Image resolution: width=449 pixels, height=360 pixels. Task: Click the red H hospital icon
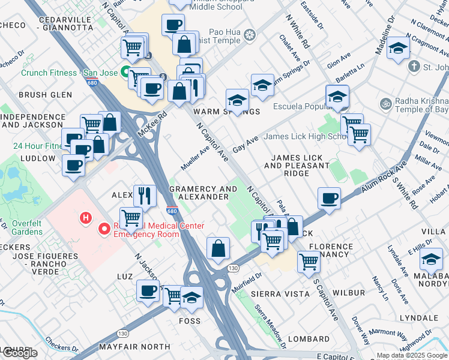point(86,217)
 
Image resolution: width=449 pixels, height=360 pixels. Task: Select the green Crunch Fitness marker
point(125,73)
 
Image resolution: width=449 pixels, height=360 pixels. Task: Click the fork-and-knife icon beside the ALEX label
point(145,194)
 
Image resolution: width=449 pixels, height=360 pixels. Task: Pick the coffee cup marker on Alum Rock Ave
point(328,198)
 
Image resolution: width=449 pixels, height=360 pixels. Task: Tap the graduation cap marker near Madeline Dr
point(397,48)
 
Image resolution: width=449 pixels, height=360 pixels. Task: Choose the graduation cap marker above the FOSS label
point(191,297)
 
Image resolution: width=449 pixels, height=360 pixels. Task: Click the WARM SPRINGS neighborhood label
point(226,112)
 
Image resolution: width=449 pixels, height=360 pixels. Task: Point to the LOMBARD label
point(309,339)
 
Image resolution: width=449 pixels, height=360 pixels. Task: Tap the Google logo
point(20,352)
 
